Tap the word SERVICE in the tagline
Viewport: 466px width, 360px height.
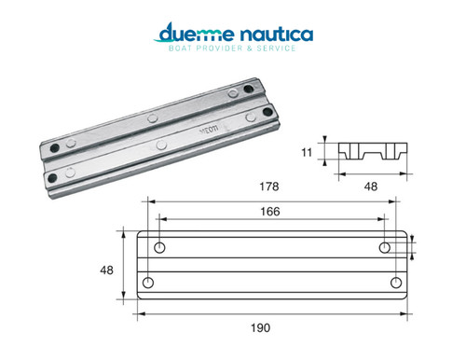[276, 48]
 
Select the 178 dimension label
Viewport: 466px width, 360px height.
[269, 187]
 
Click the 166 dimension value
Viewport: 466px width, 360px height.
[270, 212]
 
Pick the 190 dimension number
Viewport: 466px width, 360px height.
[260, 327]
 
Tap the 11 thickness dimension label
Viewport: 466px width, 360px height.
[307, 152]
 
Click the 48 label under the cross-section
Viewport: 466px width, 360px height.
[371, 187]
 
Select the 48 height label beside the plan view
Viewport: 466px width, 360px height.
[106, 270]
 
